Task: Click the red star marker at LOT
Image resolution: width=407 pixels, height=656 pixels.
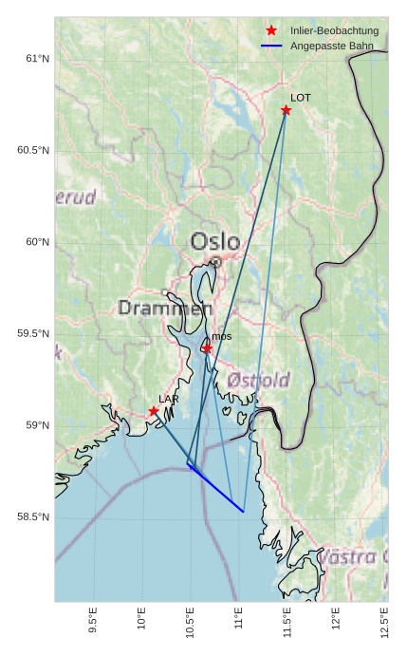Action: [x=286, y=110]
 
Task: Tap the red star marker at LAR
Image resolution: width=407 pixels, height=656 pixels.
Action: [x=154, y=411]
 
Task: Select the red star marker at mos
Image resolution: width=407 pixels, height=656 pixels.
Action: [x=207, y=348]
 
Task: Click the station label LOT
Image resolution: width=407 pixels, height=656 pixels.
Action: [x=300, y=98]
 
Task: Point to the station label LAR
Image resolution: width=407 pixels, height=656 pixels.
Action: [x=168, y=399]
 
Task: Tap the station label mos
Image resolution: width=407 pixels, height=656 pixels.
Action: [x=221, y=336]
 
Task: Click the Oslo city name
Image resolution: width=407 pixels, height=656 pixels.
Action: [x=214, y=241]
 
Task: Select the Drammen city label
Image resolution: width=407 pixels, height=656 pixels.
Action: [x=165, y=309]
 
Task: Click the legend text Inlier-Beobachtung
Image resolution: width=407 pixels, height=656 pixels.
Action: [x=334, y=31]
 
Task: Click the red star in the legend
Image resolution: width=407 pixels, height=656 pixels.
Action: [x=271, y=31]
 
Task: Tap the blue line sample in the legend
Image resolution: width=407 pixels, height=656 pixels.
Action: [x=271, y=46]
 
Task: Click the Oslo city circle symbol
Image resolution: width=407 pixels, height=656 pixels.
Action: [x=215, y=262]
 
